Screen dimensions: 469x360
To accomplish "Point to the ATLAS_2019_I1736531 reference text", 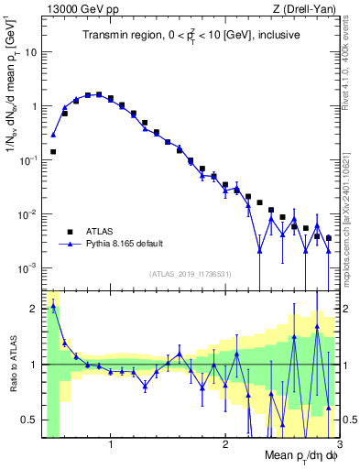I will (x=189, y=274).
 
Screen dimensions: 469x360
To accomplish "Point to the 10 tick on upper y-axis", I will (x=31, y=51).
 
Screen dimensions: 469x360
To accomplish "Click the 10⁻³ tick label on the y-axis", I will (x=29, y=268).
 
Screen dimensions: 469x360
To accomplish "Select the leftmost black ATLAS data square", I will (x=53, y=151).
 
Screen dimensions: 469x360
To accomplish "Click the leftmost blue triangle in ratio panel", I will (x=53, y=307).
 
